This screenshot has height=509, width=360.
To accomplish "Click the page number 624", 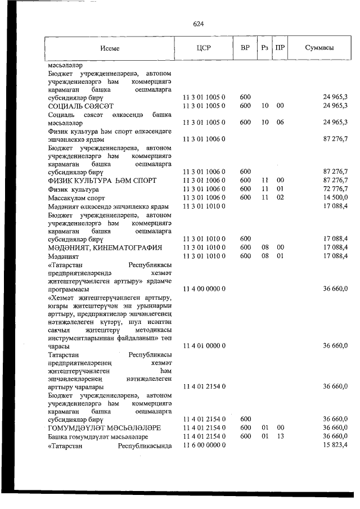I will tap(197, 24).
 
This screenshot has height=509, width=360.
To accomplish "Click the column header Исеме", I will tap(110, 48).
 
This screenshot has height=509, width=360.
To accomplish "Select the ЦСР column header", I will tap(204, 48).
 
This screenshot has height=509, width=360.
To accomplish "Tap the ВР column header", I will tap(245, 48).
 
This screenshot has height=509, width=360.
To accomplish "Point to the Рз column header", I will tap(264, 48).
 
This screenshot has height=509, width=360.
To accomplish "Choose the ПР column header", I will tap(280, 48).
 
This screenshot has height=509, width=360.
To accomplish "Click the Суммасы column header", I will tap(319, 48).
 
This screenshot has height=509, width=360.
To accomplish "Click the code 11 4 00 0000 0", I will tap(204, 289).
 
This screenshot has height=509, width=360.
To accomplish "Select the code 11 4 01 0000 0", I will tap(204, 347).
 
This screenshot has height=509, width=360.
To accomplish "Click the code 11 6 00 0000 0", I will tap(204, 445).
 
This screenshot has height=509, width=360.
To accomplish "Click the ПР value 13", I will tap(280, 436).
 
